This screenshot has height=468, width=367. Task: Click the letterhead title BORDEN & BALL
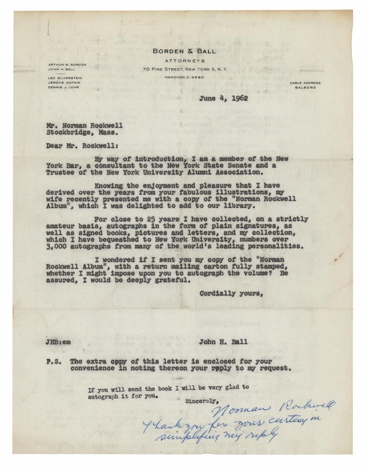[x=184, y=51]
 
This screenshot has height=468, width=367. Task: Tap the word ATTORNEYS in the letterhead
[x=184, y=60]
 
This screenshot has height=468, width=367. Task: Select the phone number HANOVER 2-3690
[x=184, y=77]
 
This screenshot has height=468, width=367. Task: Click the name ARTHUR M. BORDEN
[x=67, y=65]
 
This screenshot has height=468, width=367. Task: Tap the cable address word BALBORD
[x=305, y=88]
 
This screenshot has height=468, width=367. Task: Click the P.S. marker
[x=56, y=361]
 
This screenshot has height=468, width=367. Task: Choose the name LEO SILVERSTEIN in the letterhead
[x=66, y=77]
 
